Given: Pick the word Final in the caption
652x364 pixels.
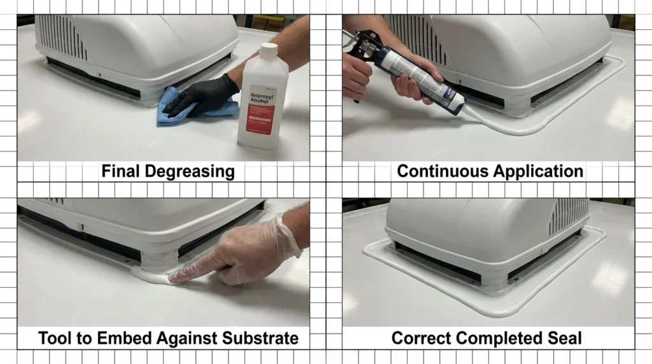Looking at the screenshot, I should (122, 171).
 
